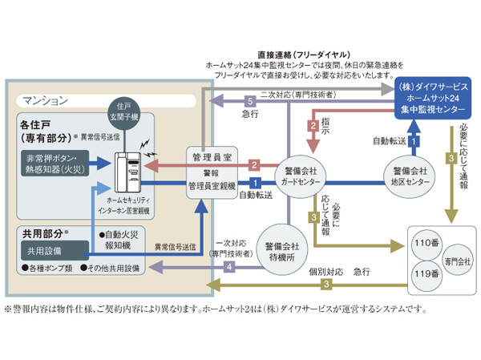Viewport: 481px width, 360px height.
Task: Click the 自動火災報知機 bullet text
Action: [116, 239]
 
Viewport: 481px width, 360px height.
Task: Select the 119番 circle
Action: [424, 273]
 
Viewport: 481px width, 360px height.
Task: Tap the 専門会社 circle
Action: [457, 260]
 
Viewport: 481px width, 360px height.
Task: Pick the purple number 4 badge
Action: [228, 266]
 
